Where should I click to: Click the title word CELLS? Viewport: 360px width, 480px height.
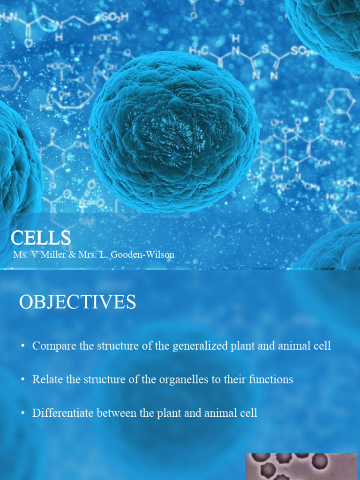41,238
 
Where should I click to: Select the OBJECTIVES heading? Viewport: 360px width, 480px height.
77,302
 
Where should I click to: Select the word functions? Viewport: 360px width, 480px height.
269,379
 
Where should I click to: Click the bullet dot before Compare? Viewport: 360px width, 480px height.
23,347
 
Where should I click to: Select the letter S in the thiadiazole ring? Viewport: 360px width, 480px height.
265,49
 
